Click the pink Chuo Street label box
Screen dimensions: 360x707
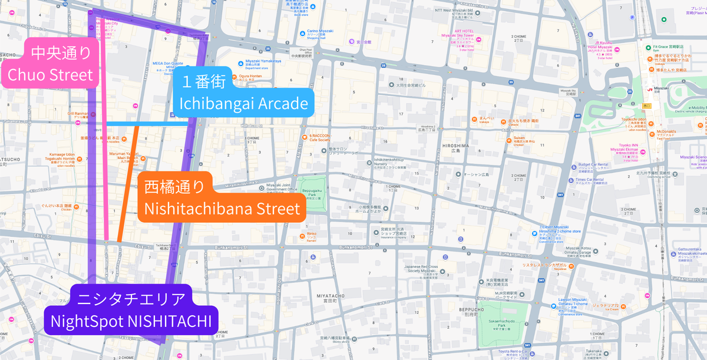click(49, 65)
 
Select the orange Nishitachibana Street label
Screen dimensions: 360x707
click(222, 199)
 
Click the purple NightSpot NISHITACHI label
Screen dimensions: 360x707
click(131, 312)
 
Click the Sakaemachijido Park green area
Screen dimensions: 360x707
click(501, 331)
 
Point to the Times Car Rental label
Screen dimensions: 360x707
click(591, 180)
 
